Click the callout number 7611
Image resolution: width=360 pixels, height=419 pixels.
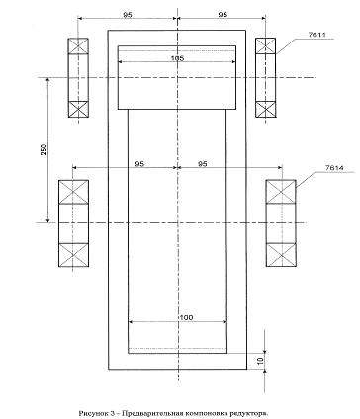pos(316,34)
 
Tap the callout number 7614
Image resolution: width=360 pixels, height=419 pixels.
pos(334,168)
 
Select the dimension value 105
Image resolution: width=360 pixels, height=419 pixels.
pos(177,58)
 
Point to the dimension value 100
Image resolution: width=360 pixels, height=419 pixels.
pos(186,317)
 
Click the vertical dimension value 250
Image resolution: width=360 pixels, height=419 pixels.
pos(45,149)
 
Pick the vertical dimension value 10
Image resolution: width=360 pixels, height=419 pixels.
pos(260,361)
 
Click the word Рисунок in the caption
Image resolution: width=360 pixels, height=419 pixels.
pos(93,413)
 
